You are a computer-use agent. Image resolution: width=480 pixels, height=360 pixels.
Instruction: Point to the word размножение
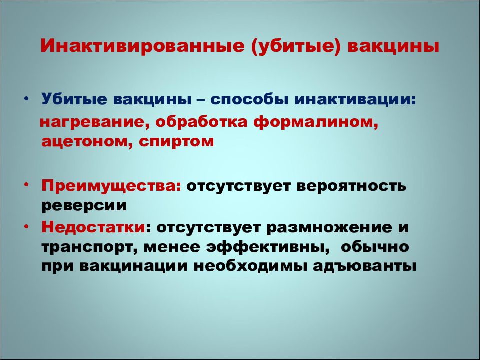coord(329,227)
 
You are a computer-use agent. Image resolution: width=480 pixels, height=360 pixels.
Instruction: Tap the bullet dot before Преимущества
coord(26,185)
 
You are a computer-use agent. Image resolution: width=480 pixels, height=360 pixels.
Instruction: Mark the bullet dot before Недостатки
coord(26,226)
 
